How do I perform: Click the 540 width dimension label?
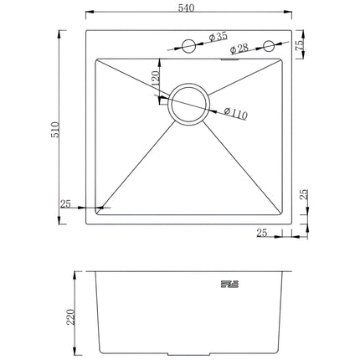click(x=186, y=8)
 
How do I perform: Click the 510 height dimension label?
click(x=55, y=130)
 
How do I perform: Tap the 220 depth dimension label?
click(x=71, y=316)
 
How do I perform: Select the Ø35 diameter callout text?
click(x=219, y=37)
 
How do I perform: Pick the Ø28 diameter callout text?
click(x=239, y=49)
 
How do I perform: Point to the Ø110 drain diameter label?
click(x=236, y=113)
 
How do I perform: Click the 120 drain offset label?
click(x=155, y=78)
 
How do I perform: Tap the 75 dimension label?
click(x=300, y=44)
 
